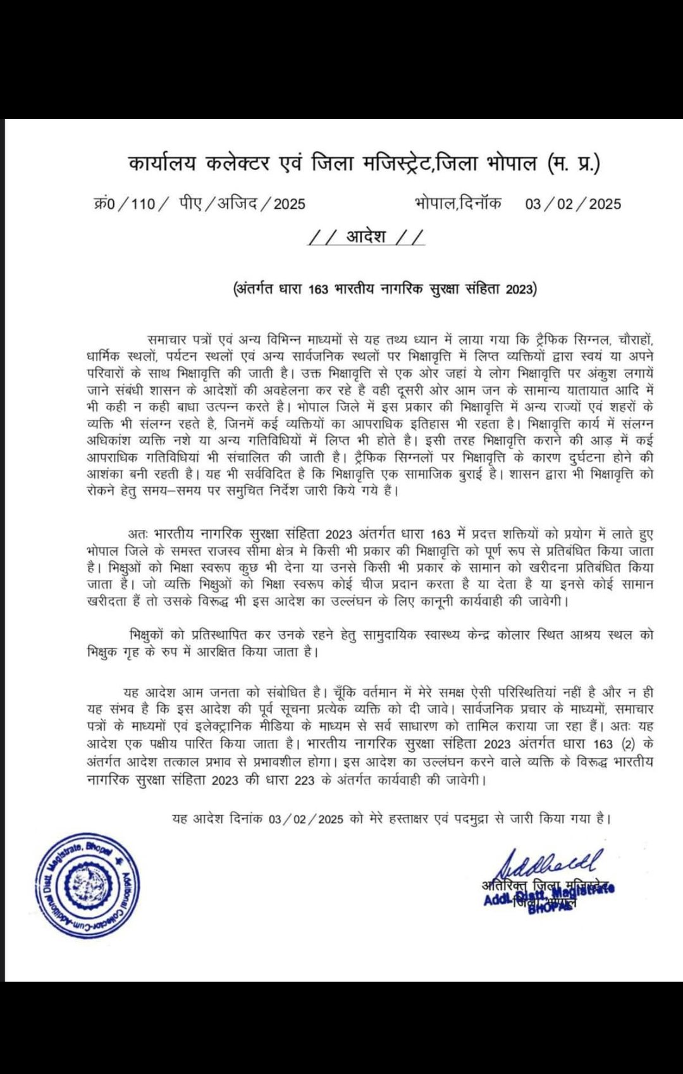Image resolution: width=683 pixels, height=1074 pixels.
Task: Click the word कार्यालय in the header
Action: (162, 164)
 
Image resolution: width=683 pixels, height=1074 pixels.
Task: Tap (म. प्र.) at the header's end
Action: (574, 164)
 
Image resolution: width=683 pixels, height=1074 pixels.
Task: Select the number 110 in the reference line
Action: (143, 204)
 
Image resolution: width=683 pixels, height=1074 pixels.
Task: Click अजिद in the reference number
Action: (237, 204)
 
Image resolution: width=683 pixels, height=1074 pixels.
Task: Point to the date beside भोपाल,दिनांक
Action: (573, 204)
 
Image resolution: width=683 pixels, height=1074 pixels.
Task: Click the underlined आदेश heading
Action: (366, 237)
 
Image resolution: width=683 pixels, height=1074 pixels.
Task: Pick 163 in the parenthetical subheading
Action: (318, 289)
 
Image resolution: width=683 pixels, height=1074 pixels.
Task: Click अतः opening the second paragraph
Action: (137, 534)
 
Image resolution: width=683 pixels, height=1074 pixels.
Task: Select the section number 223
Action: (304, 780)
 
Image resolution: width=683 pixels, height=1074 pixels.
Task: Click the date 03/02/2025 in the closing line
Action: (305, 819)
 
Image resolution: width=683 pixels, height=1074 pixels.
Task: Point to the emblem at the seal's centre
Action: (87, 885)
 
